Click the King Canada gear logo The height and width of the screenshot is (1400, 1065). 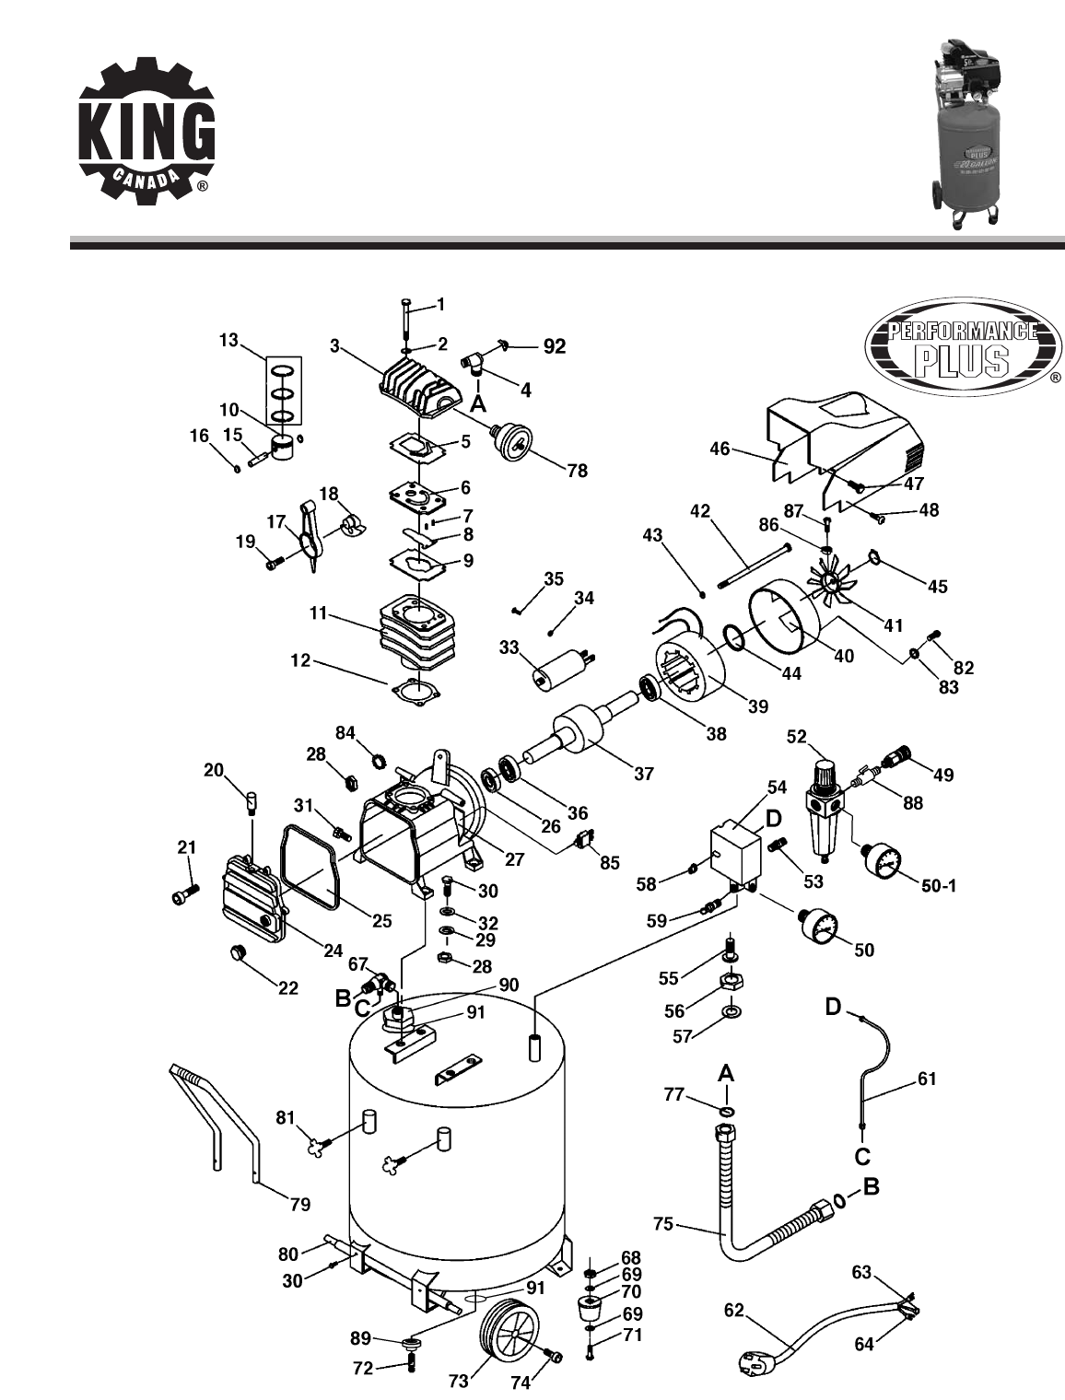click(x=146, y=126)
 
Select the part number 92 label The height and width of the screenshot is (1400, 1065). click(x=555, y=347)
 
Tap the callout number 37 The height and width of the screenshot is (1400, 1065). click(x=644, y=774)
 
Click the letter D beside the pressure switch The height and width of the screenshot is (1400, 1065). click(x=773, y=818)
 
